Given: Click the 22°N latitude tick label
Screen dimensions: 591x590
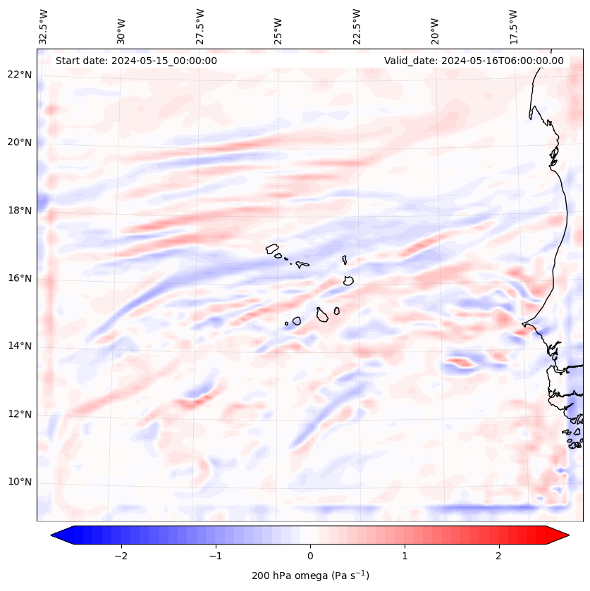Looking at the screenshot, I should (20, 75).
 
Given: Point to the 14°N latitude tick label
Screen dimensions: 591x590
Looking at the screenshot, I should (20, 346).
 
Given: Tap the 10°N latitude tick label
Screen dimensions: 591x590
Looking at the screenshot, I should (20, 482).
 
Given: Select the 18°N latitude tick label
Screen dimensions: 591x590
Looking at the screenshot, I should (20, 211).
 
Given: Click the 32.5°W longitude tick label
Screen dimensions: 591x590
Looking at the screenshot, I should (44, 27).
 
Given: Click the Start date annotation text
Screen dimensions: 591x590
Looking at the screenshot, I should (136, 61).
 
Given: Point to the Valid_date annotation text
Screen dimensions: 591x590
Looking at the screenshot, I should (474, 61).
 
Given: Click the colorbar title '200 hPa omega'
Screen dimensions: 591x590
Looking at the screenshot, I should (310, 576).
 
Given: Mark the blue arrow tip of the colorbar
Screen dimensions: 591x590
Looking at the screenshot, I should (58, 536).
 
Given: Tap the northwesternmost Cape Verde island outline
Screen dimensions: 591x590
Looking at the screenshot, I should (272, 248).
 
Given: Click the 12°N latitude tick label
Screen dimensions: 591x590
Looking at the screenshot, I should (20, 414).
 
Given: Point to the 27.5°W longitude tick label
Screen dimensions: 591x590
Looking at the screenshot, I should (200, 27).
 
